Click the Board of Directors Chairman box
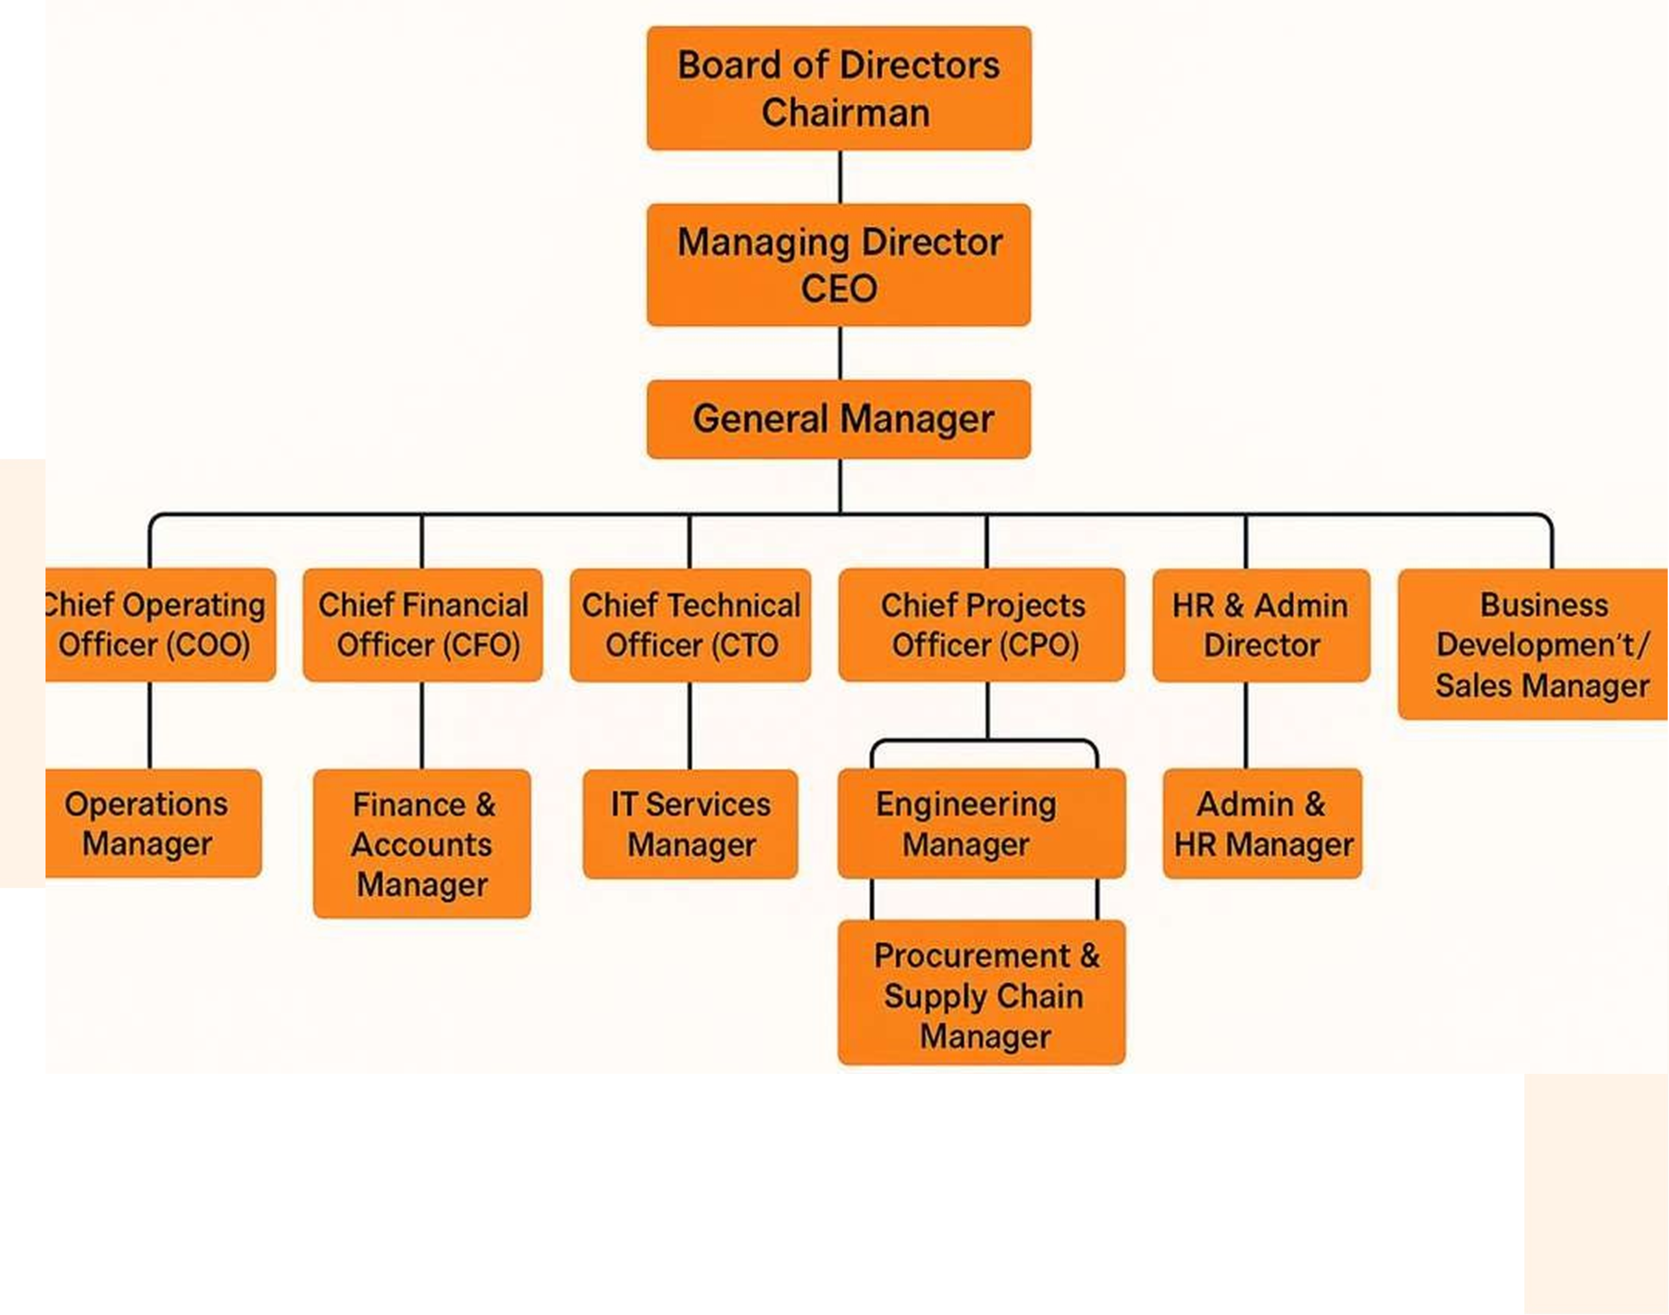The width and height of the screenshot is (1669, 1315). coord(839,88)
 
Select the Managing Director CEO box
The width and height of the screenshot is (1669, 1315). coord(839,264)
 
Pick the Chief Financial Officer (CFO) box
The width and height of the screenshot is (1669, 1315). coord(423,625)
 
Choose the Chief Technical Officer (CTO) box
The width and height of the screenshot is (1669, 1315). coord(690,625)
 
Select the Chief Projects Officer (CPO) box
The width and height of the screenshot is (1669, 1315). coord(981,625)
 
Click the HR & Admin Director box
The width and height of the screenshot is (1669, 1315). coord(1261,625)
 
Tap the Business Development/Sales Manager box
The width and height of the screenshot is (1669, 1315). coord(1532,644)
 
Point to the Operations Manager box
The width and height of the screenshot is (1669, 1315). coord(153,822)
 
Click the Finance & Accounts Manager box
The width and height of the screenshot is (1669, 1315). coord(422,843)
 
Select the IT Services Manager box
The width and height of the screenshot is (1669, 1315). coord(690,824)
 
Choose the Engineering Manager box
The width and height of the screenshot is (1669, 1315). coord(981,823)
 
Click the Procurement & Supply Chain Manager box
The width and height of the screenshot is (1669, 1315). coord(981,993)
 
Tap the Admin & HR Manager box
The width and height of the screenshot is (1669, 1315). coord(1263,823)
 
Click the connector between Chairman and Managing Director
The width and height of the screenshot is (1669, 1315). coord(839,176)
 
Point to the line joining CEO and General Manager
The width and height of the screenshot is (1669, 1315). coord(839,352)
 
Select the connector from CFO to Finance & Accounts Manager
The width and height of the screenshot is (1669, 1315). coord(422,725)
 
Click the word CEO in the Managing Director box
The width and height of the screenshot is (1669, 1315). coord(839,289)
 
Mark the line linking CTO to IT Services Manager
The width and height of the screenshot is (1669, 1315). coord(690,725)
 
